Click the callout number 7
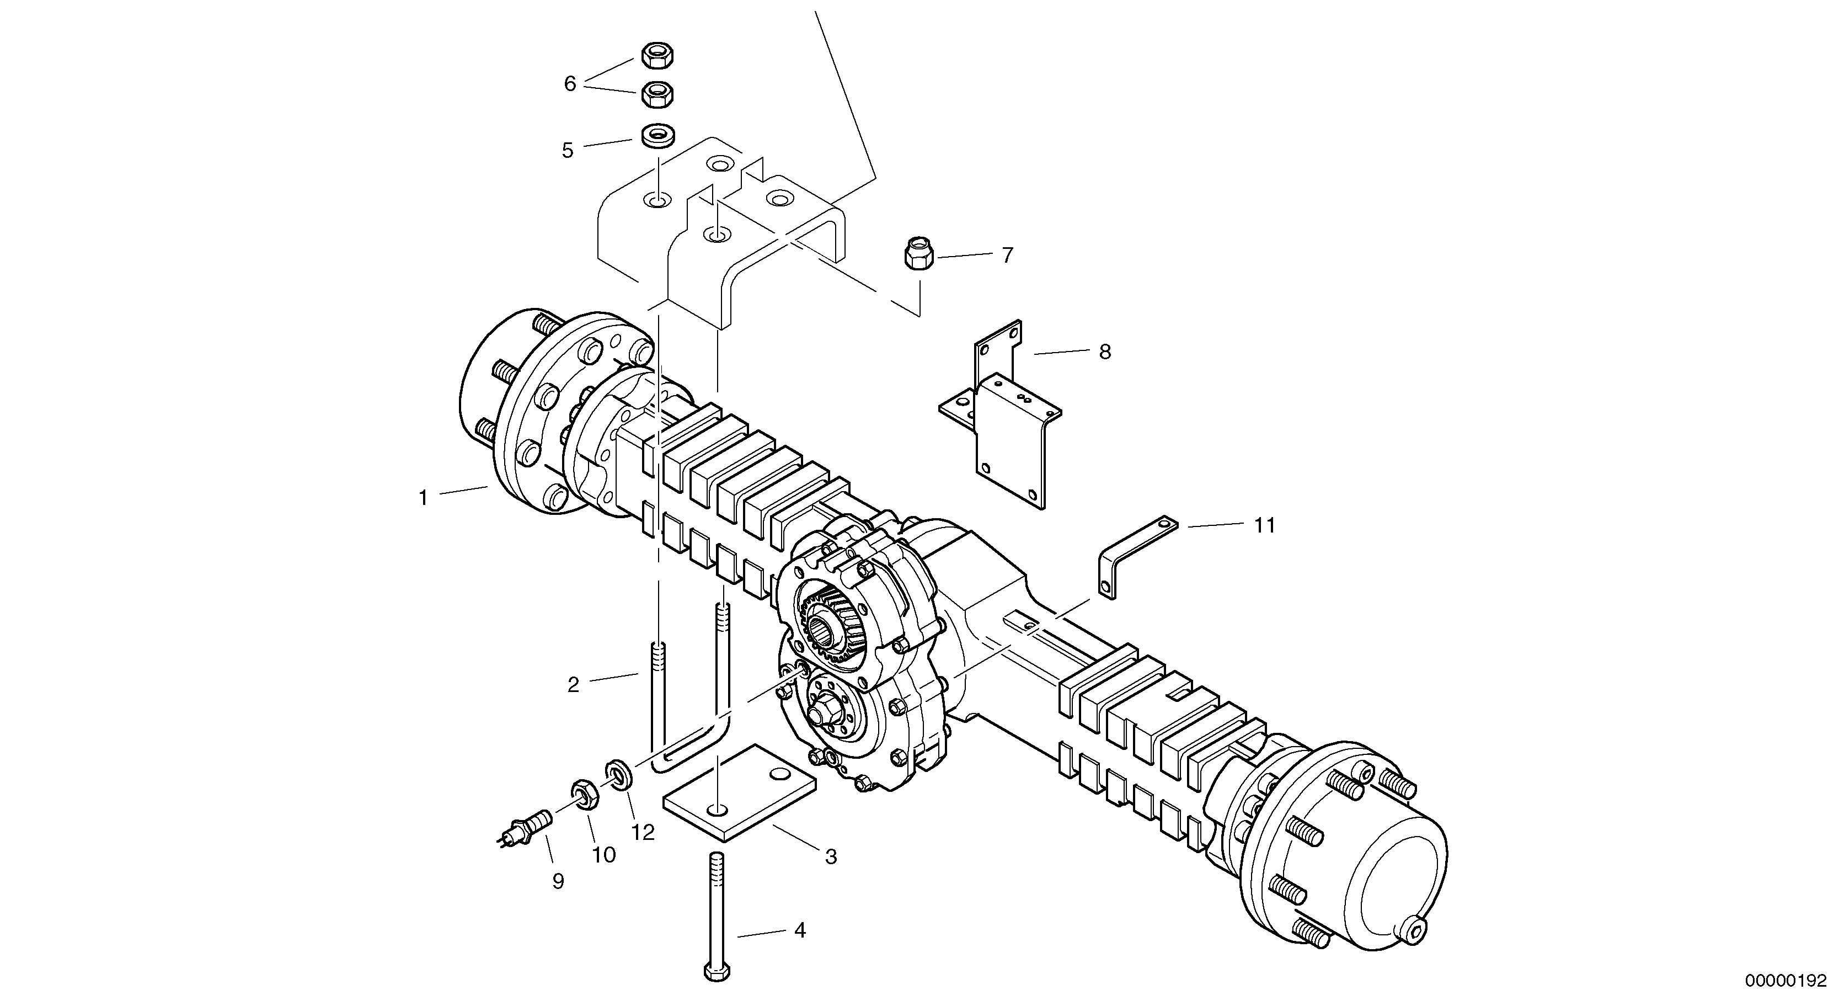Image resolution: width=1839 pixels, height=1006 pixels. click(x=1007, y=256)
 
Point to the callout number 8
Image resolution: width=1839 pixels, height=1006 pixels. click(x=1104, y=352)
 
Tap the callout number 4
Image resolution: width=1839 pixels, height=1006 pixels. click(x=800, y=930)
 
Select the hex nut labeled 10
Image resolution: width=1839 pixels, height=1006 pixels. click(x=583, y=794)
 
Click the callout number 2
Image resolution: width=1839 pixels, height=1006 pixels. click(x=573, y=685)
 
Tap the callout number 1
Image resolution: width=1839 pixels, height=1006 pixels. click(x=423, y=498)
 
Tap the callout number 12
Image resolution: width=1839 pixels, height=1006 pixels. click(x=643, y=833)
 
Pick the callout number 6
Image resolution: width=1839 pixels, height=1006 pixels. click(x=570, y=84)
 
